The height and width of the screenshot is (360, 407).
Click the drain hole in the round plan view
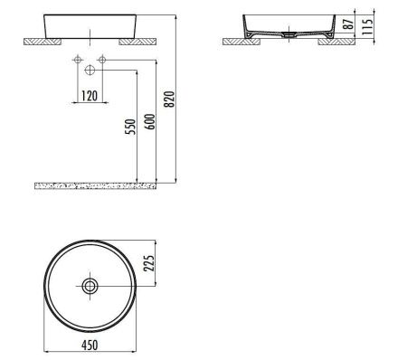click(90, 286)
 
